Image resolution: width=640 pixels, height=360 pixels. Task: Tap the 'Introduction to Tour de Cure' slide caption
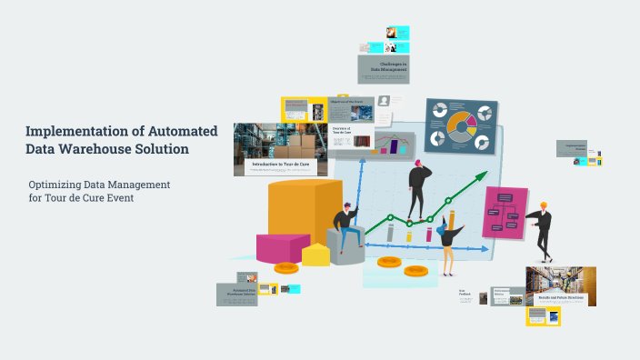(x=283, y=165)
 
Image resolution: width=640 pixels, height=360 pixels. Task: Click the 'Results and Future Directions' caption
(x=561, y=298)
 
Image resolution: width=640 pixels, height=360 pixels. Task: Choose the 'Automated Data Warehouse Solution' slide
(x=235, y=293)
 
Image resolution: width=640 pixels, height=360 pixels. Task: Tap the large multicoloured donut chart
(x=459, y=127)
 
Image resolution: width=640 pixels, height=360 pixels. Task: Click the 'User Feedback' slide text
(x=465, y=294)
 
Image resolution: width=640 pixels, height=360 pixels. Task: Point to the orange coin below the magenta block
(x=286, y=268)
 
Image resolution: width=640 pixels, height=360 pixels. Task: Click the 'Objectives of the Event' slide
(x=351, y=108)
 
